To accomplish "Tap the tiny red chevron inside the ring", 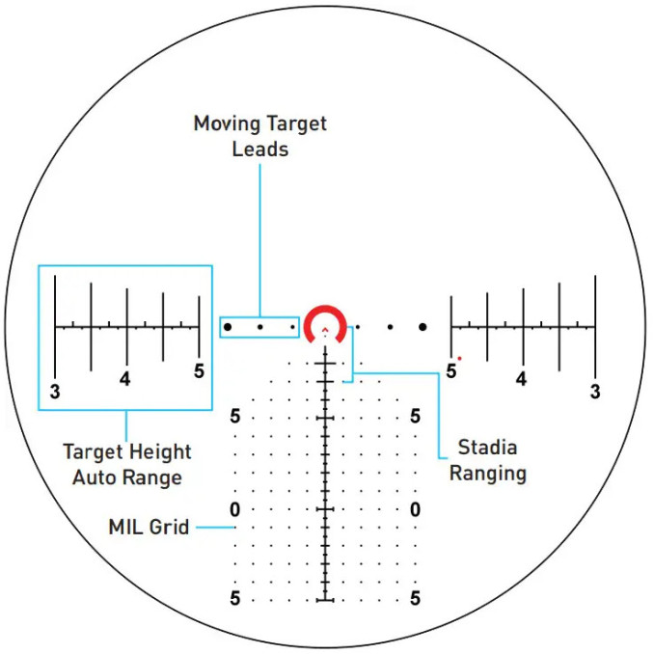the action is (x=325, y=330).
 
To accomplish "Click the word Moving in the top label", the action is (x=227, y=124).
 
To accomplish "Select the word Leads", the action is (x=260, y=150).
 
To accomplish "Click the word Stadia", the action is (x=487, y=448).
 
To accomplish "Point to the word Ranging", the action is (x=488, y=474).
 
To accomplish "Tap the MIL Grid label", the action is (x=149, y=527).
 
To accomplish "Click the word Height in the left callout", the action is (x=160, y=452).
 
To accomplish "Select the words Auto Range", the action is (x=127, y=478).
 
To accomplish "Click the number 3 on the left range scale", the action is (x=55, y=392).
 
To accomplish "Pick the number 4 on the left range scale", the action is (x=124, y=379).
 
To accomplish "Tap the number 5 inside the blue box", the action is (x=199, y=370).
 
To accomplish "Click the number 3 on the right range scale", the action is (x=595, y=392).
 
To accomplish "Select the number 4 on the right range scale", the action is (x=521, y=379).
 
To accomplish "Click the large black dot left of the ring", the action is (x=228, y=327).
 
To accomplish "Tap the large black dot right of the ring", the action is (x=422, y=327).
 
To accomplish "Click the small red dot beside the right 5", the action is (x=460, y=358).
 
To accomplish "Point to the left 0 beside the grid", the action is (x=234, y=509).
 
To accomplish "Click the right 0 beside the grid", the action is (x=415, y=509).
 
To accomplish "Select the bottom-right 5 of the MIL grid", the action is (x=415, y=598).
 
